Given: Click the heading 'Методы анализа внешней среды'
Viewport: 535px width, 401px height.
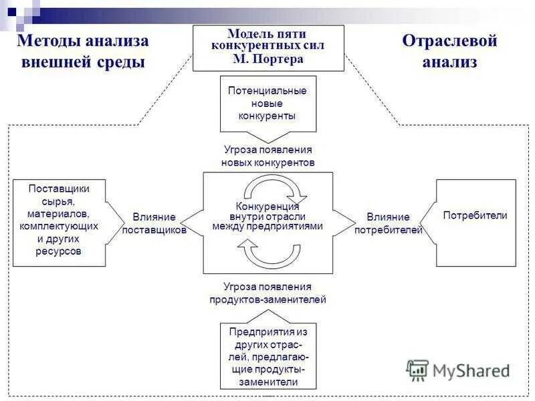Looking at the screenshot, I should (83, 51).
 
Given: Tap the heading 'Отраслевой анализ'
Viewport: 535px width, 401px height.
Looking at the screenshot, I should (449, 51).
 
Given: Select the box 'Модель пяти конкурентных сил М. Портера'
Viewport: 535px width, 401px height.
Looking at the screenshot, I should (268, 47).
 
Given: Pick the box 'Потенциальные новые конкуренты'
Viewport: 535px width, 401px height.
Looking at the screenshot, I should (267, 103).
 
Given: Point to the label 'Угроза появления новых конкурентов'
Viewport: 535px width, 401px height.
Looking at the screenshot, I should (267, 156).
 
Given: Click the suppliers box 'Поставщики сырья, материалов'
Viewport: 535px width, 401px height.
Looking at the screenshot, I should (59, 220).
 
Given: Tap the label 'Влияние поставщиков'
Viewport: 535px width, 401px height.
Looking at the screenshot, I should (154, 223).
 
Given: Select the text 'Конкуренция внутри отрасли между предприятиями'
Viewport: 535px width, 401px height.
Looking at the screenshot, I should (267, 216).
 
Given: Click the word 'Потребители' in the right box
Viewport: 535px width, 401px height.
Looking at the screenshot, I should (475, 215).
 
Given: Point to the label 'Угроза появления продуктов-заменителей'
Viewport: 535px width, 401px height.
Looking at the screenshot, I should (267, 293).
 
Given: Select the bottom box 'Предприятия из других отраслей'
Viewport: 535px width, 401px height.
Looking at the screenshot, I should (267, 357).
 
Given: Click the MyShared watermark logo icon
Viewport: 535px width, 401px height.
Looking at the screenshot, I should (418, 370).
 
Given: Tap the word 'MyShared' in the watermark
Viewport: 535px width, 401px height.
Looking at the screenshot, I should (471, 370).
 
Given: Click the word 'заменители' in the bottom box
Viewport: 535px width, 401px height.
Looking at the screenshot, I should (267, 382).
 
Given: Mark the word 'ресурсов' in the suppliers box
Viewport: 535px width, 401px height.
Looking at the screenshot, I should (59, 251).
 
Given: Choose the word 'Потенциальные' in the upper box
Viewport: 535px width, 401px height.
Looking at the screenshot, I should (267, 90).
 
